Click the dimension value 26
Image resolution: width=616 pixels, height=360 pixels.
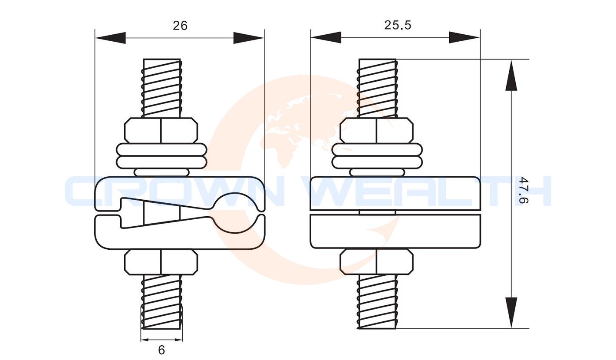coord(180,26)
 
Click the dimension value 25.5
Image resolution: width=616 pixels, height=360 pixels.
coord(397,25)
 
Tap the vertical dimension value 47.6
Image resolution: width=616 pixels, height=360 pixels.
coord(524,191)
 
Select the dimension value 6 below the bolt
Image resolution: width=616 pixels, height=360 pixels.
coord(161,350)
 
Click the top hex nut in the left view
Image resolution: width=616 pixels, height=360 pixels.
coord(161,130)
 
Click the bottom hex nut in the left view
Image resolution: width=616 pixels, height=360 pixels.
coord(161,262)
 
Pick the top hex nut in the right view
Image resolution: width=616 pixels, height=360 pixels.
coord(376,130)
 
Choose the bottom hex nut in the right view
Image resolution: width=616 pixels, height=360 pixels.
coord(376,262)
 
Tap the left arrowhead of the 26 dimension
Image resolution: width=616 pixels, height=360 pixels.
coord(110,38)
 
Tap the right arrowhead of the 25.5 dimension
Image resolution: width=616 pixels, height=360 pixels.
coord(464,37)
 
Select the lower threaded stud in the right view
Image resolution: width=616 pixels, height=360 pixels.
coord(378,302)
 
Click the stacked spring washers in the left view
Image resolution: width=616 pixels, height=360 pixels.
coord(161,156)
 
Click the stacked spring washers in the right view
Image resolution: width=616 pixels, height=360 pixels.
coord(377,156)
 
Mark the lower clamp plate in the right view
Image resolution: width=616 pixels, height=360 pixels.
coord(395,231)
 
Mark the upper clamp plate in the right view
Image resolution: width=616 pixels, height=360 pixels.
coord(395,193)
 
